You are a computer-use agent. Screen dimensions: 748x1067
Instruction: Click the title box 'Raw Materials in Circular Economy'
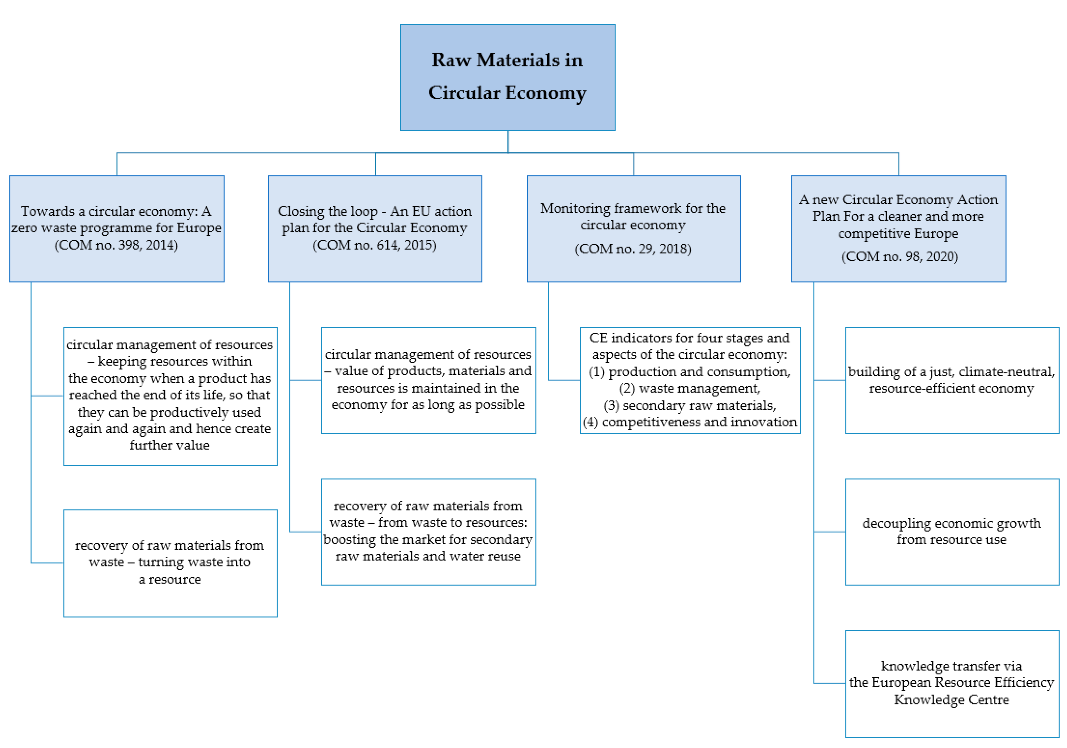click(x=507, y=77)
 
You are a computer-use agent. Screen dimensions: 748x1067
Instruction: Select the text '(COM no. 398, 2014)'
click(x=116, y=245)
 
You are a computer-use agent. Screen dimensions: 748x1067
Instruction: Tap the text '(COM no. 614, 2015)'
click(x=374, y=245)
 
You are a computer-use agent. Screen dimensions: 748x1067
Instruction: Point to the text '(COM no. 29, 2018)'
click(x=633, y=249)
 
